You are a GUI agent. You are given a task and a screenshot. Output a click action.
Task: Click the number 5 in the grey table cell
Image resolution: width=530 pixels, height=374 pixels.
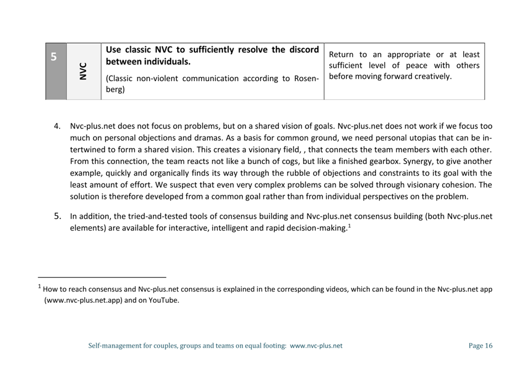54,57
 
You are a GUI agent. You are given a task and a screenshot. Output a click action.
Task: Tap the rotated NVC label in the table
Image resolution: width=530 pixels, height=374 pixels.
83,71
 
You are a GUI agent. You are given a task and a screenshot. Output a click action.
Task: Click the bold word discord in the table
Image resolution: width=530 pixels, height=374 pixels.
303,50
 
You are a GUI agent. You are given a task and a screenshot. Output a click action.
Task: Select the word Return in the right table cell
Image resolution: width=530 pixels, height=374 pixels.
341,55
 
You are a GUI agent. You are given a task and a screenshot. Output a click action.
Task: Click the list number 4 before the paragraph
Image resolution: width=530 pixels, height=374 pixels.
57,126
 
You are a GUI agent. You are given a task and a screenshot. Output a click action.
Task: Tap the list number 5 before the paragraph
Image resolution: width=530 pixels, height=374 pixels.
57,216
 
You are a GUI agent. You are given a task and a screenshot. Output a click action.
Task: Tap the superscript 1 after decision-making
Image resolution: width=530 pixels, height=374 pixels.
349,225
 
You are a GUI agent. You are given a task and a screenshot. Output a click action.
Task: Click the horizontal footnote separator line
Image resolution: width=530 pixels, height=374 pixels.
102,277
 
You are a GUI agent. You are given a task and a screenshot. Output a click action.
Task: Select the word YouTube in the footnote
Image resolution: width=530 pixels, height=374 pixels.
164,301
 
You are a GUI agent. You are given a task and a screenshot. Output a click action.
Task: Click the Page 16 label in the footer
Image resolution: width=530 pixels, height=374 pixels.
480,346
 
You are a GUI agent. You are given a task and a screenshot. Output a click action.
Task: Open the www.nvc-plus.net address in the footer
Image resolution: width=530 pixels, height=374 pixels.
316,346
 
